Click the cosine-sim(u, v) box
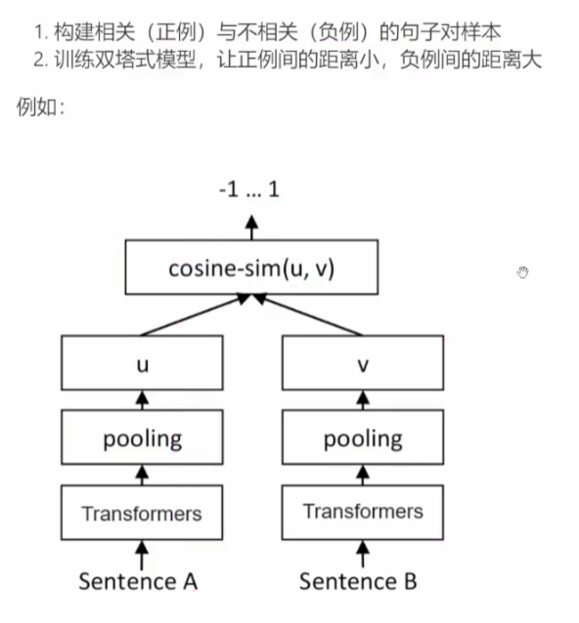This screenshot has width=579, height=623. (x=250, y=268)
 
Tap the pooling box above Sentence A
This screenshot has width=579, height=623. (x=142, y=438)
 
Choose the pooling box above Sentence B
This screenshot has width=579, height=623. (x=362, y=438)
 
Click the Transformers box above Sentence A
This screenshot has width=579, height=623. (x=142, y=512)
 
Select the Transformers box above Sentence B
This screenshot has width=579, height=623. (x=362, y=512)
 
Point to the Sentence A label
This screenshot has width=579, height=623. (x=139, y=581)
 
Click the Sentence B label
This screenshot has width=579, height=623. (x=358, y=581)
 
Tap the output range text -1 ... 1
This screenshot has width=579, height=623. (x=249, y=190)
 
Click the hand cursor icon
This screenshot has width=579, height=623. (x=523, y=272)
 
